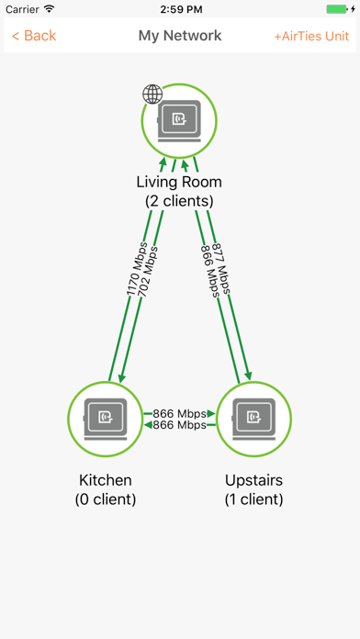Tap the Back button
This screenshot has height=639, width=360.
point(34,36)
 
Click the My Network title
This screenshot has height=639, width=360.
point(180,36)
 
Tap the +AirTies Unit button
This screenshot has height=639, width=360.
point(311,36)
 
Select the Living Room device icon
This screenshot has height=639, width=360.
point(179,118)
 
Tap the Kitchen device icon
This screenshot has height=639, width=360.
point(106,418)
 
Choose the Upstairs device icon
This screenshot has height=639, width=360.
point(253,418)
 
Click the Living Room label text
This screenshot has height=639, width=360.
point(179,182)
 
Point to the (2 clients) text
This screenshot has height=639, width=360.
point(179,200)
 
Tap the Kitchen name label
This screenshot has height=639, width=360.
point(106,480)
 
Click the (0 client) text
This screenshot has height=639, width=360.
point(106,499)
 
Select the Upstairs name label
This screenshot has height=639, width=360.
point(254,480)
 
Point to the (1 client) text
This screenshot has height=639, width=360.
point(254,499)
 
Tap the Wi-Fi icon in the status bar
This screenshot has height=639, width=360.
point(49,8)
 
